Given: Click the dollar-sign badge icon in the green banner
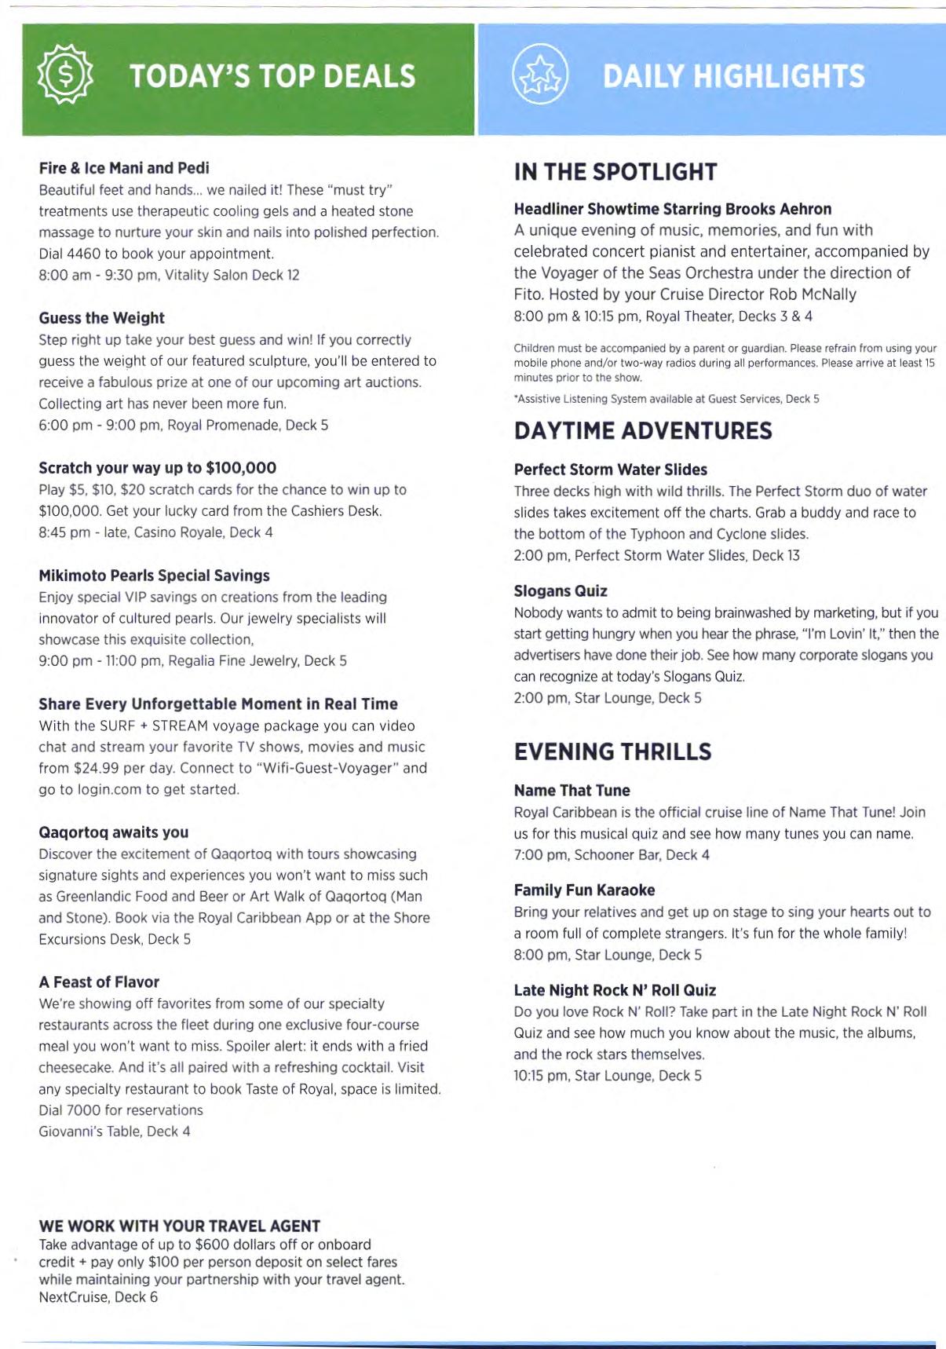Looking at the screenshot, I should (65, 75).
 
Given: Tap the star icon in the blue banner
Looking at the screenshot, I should (539, 75).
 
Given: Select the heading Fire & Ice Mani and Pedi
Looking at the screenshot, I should (124, 168).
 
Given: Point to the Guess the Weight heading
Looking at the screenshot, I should (102, 318).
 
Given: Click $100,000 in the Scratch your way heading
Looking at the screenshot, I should (241, 468).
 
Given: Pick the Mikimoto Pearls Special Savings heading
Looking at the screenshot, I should (154, 576).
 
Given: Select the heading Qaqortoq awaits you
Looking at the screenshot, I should (114, 832).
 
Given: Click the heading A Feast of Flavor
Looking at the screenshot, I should (99, 982).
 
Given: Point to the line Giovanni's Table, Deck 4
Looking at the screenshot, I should (115, 1131).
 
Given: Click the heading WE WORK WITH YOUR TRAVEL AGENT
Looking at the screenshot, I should (180, 1227).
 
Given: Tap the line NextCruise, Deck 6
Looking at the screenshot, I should (98, 1297).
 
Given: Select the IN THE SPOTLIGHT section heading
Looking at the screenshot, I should (615, 172).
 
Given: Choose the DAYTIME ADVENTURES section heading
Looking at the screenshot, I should (643, 431).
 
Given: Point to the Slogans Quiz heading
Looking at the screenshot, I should (561, 591).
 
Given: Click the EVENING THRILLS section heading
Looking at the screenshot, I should (612, 752).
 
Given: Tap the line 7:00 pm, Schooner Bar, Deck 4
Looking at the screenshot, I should (612, 855).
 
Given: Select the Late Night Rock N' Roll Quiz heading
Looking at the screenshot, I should (615, 991).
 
